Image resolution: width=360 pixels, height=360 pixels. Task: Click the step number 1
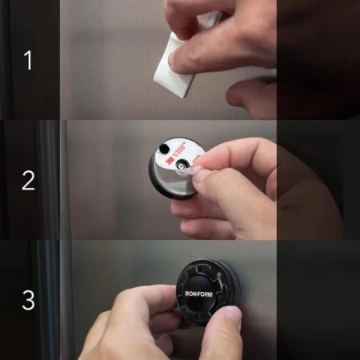coord(29,60)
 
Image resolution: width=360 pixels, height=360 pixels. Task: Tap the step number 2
coord(28,181)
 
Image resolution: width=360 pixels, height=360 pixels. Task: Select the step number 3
coord(28,300)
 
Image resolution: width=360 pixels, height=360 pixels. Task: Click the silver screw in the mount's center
coord(181,167)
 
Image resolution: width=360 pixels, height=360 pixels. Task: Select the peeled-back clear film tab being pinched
coord(194,166)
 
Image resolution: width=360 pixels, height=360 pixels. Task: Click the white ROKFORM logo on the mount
coord(198,294)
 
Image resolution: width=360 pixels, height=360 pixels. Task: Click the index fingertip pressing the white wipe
coord(176,58)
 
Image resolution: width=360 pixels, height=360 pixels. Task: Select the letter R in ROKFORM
coord(187,294)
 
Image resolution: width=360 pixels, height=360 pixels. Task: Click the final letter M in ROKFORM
coord(210,294)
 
